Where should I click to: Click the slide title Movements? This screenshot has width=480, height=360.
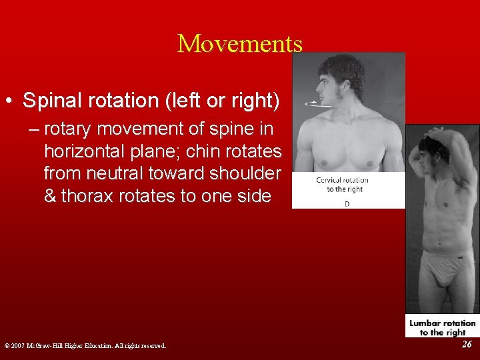(x=240, y=43)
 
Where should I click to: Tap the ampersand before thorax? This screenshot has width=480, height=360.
(x=50, y=196)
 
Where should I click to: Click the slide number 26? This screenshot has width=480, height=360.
(x=467, y=344)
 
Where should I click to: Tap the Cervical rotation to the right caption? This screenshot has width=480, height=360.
(x=342, y=185)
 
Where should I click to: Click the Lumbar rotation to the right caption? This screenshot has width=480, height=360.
(x=442, y=327)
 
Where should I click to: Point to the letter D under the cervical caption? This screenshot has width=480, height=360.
(x=347, y=203)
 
